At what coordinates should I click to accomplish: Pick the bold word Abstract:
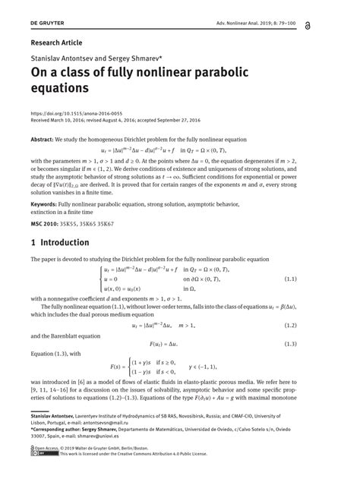(42, 141)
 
